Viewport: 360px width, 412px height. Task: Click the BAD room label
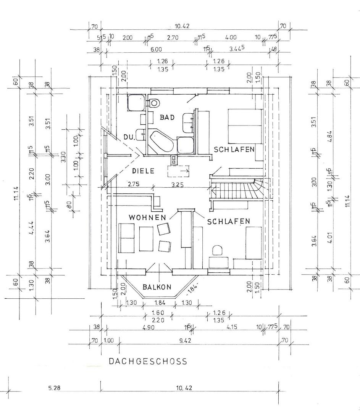167,117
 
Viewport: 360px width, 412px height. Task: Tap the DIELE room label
143,171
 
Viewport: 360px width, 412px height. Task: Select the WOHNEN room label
147,217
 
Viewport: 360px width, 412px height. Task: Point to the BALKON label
157,287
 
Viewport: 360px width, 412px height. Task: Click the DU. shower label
129,137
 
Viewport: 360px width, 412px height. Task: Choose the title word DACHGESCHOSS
148,361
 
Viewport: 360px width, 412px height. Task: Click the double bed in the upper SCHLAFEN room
245,126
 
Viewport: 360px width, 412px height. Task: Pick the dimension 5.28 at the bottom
55,388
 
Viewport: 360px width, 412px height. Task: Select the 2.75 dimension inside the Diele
134,183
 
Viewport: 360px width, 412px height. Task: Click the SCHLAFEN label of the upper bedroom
234,150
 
